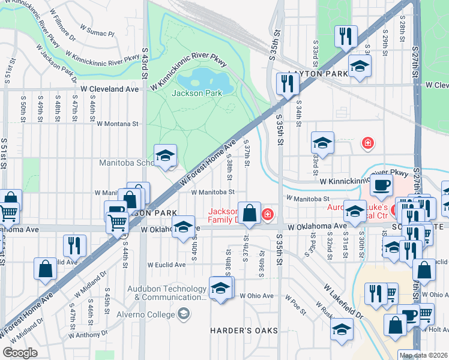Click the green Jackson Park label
tap(196, 93)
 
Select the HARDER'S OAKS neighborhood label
tap(244, 331)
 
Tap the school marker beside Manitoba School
tap(166, 156)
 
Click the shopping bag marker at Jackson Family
tap(249, 212)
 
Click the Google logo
tap(20, 352)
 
